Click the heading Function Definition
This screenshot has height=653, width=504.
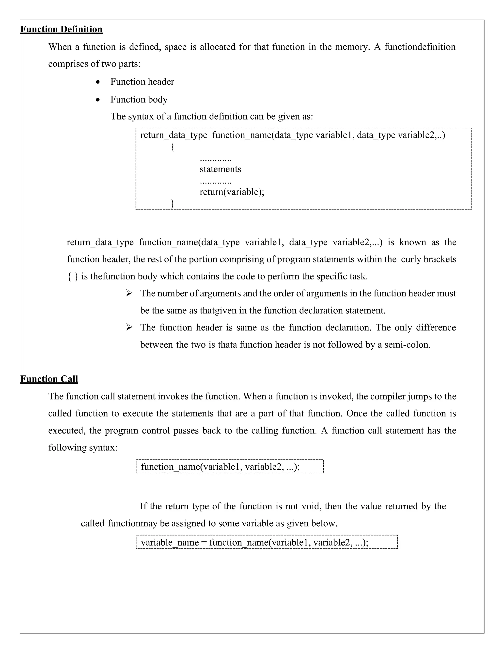(61, 29)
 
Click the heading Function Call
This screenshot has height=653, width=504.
(49, 379)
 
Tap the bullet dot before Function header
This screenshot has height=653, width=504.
(98, 82)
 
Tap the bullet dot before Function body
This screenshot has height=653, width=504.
(98, 100)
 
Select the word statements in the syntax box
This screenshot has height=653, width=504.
(220, 169)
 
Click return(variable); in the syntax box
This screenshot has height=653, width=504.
(232, 192)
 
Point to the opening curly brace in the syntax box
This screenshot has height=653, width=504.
(173, 147)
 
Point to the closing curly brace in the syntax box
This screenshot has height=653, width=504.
(172, 203)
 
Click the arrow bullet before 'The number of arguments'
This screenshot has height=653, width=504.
(129, 293)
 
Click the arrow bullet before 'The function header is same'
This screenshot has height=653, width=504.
(129, 328)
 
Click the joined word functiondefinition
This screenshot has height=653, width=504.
(420, 47)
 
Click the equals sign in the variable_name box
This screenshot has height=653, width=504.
(204, 542)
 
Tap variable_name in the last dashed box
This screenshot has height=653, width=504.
(170, 542)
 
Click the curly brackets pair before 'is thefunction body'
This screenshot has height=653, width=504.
(73, 276)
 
